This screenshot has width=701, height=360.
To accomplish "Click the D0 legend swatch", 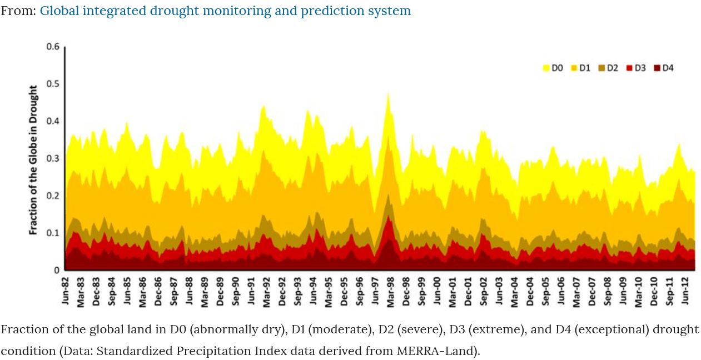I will (546, 68).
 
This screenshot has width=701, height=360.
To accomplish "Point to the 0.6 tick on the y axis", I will (53, 47).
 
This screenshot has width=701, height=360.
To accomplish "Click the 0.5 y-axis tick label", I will (53, 84).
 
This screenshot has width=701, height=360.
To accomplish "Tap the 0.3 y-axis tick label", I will (53, 158).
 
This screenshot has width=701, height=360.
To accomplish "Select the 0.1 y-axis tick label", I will (53, 233).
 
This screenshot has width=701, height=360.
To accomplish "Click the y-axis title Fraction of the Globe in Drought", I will (34, 159).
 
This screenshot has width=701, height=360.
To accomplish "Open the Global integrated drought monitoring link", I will (225, 11).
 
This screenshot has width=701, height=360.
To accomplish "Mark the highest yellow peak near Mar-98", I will (388, 93).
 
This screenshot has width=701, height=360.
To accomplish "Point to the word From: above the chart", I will (18, 11).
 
